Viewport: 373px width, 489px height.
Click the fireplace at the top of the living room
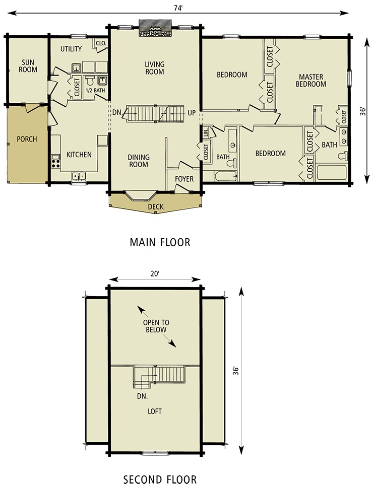pos(155,31)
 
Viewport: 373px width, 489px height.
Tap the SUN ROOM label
pos(28,66)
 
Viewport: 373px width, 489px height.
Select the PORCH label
pos(27,139)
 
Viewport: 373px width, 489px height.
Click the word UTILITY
pos(71,49)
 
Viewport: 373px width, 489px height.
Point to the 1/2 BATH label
pos(96,91)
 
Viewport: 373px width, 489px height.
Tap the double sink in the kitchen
pos(78,176)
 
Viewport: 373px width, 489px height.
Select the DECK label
pos(156,207)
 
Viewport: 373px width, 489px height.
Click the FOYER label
pos(184,179)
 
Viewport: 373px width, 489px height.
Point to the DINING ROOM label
pos(139,161)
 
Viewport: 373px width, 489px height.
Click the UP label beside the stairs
pos(192,112)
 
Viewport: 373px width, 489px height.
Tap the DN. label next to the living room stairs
pos(117,112)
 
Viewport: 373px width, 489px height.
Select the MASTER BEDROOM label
pos(310,81)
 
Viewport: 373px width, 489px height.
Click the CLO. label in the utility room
pos(101,44)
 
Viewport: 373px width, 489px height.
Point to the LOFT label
pos(155,411)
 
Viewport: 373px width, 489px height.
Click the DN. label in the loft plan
pos(142,396)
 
